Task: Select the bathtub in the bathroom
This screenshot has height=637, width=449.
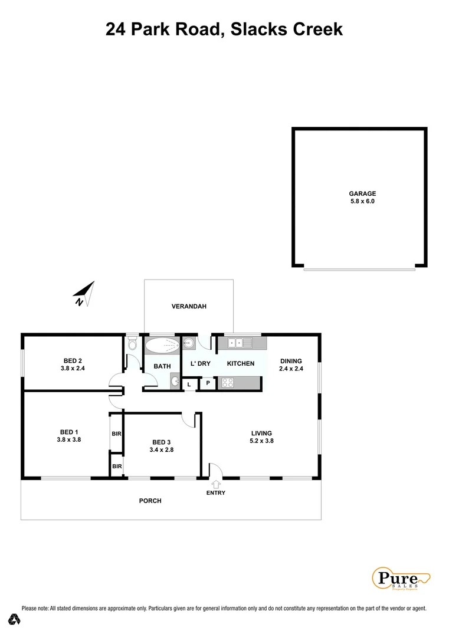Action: click(x=162, y=346)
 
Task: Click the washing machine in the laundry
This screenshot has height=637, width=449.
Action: click(x=189, y=343)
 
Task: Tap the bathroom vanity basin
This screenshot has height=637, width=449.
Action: click(x=175, y=382)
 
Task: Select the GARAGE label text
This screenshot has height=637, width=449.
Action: click(x=362, y=193)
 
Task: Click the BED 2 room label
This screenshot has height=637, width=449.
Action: click(x=73, y=361)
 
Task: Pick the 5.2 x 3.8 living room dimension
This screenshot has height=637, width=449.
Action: click(x=261, y=441)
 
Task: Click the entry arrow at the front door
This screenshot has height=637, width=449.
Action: click(x=215, y=484)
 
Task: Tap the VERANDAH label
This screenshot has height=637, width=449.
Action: click(x=189, y=307)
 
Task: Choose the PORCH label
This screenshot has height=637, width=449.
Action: click(x=150, y=501)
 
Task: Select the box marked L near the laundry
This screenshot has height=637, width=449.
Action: click(x=189, y=384)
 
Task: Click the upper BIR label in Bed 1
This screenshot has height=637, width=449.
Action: click(x=116, y=434)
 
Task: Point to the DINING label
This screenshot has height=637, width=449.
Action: click(x=290, y=362)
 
